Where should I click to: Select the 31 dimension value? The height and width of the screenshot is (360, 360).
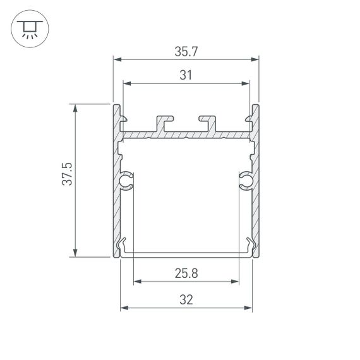pyautogui.click(x=186, y=75)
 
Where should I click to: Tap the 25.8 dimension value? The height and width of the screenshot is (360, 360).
pyautogui.click(x=186, y=273)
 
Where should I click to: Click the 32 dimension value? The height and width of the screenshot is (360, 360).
pyautogui.click(x=186, y=300)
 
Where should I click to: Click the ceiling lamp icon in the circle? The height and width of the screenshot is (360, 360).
pyautogui.click(x=28, y=28)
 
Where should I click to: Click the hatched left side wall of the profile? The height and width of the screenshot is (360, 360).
pyautogui.click(x=116, y=189)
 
